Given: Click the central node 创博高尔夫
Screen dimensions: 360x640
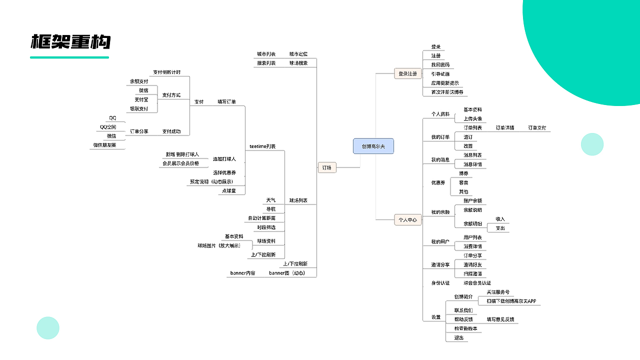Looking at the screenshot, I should coord(373,146).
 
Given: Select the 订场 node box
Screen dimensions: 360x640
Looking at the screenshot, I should coord(327,167).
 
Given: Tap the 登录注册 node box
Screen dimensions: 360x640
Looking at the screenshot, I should coord(407,73).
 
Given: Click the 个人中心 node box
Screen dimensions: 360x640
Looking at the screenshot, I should coord(407,219).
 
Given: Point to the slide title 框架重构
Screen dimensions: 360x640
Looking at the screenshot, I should coord(70,42).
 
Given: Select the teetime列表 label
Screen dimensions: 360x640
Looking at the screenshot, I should coord(262,146).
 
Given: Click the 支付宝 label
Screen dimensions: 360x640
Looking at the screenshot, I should coord(141,99).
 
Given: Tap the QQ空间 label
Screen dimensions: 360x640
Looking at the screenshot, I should coord(108,127).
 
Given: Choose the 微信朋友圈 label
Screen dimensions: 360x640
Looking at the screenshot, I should coord(104,145).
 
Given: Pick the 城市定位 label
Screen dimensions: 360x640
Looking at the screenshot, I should coord(298,54).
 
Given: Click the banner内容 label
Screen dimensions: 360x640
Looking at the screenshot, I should coord(242,273).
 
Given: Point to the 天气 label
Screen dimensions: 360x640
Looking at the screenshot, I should coord(270,200).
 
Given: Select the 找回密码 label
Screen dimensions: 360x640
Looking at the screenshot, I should coord(440,65).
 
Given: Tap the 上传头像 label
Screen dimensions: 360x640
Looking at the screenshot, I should coord(472,119).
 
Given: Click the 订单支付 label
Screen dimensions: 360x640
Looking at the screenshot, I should coord(537,128).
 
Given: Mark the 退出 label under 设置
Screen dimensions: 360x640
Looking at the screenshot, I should coord(459,337).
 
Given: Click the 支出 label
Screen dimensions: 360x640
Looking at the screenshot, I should coord(500,228).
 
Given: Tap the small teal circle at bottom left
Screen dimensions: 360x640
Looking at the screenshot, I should coord(48,328).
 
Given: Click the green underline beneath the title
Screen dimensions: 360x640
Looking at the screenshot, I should coord(69,57).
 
